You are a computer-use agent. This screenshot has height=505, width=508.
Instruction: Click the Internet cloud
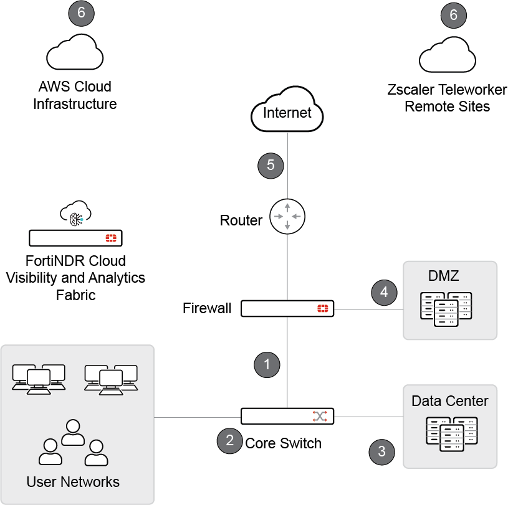click(287, 113)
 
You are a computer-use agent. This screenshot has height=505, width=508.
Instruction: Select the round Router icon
click(287, 217)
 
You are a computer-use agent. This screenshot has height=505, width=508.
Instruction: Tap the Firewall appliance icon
click(287, 308)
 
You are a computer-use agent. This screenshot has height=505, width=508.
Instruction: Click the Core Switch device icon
click(287, 416)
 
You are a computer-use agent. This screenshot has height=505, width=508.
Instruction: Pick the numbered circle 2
click(230, 440)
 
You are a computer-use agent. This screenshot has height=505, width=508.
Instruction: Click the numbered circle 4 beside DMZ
click(385, 292)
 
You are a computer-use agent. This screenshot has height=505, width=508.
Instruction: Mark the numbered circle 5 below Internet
click(271, 165)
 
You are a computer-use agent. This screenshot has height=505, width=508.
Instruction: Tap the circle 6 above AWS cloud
click(80, 14)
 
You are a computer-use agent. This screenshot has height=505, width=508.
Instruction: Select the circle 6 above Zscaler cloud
click(453, 15)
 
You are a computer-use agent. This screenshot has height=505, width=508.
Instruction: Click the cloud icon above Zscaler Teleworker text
click(447, 56)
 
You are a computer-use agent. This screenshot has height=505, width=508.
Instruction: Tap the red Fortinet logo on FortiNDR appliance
click(112, 238)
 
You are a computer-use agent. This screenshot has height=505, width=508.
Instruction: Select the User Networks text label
click(73, 481)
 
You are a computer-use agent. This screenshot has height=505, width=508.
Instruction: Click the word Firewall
click(207, 308)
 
